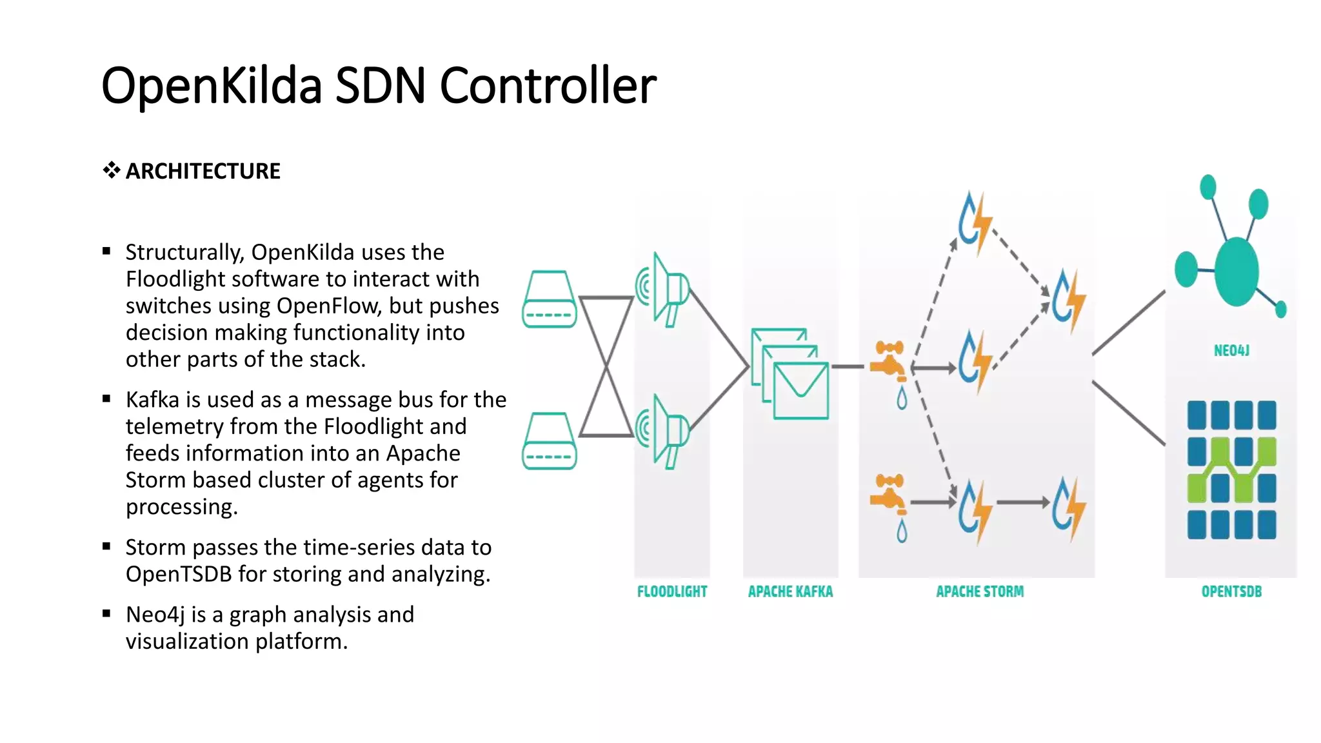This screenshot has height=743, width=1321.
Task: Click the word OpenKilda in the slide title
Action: click(x=212, y=86)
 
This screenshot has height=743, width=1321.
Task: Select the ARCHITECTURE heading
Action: click(x=203, y=171)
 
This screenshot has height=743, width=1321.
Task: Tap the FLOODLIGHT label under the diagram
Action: click(x=671, y=591)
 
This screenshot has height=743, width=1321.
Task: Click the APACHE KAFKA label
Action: click(x=790, y=591)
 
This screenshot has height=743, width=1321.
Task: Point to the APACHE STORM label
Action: click(x=979, y=591)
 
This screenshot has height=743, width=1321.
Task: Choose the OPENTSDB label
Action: click(x=1231, y=591)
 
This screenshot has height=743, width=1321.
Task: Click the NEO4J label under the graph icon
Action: click(x=1231, y=350)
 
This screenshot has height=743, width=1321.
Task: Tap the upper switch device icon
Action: click(x=549, y=299)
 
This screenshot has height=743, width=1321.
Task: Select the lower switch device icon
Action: click(x=549, y=441)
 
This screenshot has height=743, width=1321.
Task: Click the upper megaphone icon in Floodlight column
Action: click(x=664, y=290)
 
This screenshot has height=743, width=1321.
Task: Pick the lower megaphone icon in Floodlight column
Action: click(x=664, y=431)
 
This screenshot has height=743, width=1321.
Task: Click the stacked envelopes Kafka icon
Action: click(x=791, y=374)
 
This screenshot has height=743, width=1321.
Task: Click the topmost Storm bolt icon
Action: click(x=974, y=223)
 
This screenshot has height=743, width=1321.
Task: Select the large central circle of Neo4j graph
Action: click(x=1236, y=271)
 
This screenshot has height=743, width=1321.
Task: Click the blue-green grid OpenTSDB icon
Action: click(x=1231, y=470)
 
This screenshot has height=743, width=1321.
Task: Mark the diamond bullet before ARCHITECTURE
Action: click(x=111, y=170)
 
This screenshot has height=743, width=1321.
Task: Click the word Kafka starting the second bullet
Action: click(x=152, y=400)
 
